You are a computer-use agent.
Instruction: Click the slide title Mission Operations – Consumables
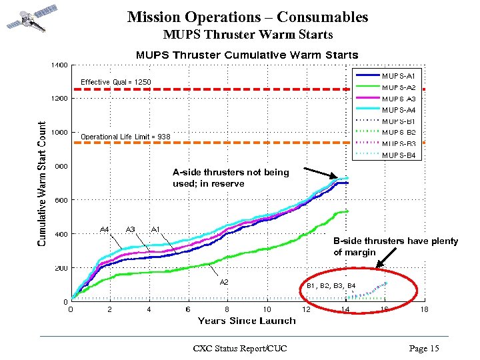point(247,17)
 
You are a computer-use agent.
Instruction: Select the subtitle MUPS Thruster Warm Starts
point(247,34)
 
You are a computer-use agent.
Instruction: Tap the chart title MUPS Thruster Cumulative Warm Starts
point(247,55)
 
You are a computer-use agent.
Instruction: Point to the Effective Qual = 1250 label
point(115,82)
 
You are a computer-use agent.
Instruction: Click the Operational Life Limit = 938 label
point(125,137)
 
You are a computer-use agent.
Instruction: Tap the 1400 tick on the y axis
point(58,65)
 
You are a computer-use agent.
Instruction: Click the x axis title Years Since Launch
point(247,321)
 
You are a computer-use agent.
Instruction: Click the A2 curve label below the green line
point(225,282)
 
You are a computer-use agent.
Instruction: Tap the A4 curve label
point(105,229)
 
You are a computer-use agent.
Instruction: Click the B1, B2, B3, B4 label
point(331,286)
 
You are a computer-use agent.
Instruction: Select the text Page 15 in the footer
point(424,348)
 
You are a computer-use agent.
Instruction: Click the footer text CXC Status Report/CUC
point(239,348)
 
